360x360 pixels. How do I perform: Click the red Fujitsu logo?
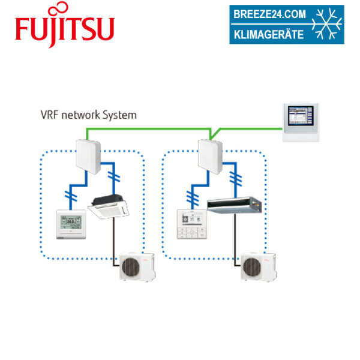pyautogui.click(x=64, y=28)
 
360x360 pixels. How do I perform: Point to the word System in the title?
pyautogui.click(x=120, y=114)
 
